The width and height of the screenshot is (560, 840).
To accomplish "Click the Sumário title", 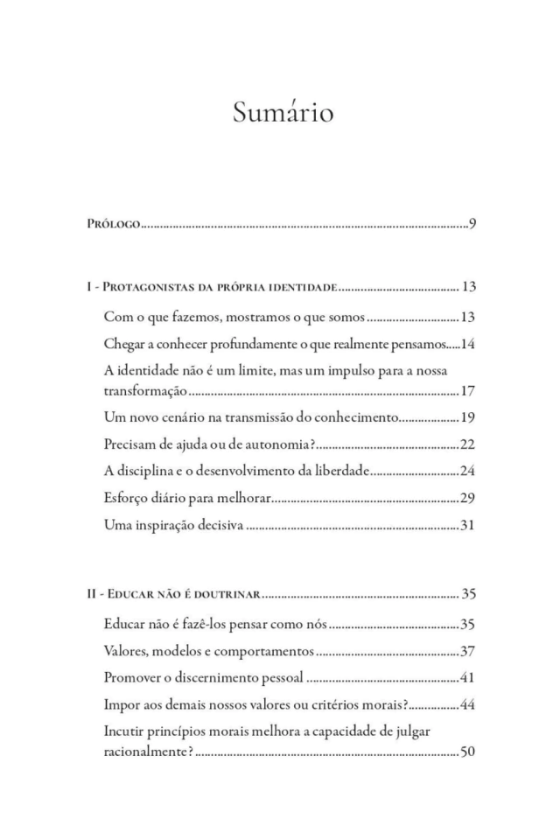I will pos(283,113).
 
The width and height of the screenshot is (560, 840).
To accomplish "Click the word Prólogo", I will pos(113,226).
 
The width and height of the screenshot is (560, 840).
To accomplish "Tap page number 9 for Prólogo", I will pos(472,225).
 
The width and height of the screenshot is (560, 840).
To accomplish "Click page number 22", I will pos(467,444).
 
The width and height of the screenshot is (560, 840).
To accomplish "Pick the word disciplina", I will pos(147,472).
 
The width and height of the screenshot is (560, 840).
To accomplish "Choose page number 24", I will pos(467,472).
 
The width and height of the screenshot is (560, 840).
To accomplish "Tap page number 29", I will pos(467,499).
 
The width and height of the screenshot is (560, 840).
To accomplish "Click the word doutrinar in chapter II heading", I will pos(227,595).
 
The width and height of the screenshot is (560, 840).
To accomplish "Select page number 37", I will pos(467,651).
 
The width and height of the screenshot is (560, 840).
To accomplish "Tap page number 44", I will pos(467,705).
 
